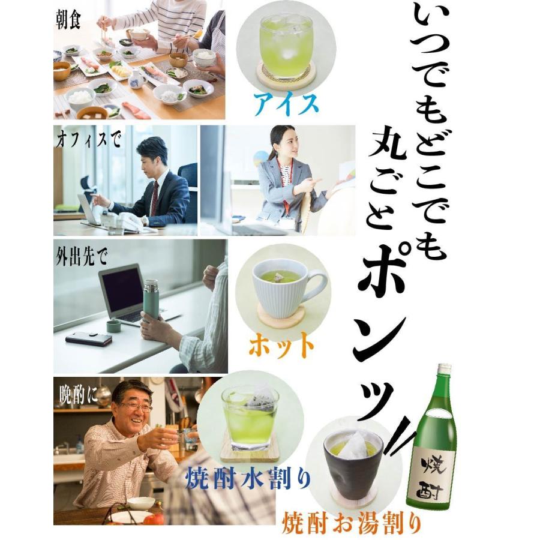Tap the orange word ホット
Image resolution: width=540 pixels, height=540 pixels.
pos(281,344)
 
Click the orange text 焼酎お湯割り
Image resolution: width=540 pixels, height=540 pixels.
pos(352,521)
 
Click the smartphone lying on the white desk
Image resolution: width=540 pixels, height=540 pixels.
pos(89,338)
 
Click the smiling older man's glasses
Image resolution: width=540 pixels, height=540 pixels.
pos(136,406)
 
